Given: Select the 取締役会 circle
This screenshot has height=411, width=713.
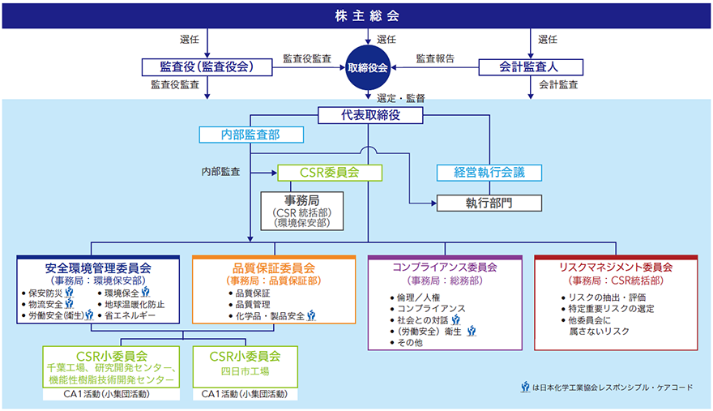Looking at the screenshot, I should pos(368,68).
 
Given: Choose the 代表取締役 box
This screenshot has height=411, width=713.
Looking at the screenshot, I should pos(370,115).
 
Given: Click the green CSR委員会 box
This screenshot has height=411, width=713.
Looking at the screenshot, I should pos(330,172).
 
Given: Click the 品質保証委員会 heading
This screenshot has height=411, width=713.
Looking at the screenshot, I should pos(273,267).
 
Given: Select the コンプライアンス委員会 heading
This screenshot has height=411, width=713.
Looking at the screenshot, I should pos(444,267).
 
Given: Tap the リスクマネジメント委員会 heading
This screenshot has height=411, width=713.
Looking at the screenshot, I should pos(617,267).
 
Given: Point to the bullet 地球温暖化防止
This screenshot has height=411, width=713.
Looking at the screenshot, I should pos(135,304).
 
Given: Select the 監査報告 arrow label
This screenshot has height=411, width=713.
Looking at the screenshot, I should pos(435,58).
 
